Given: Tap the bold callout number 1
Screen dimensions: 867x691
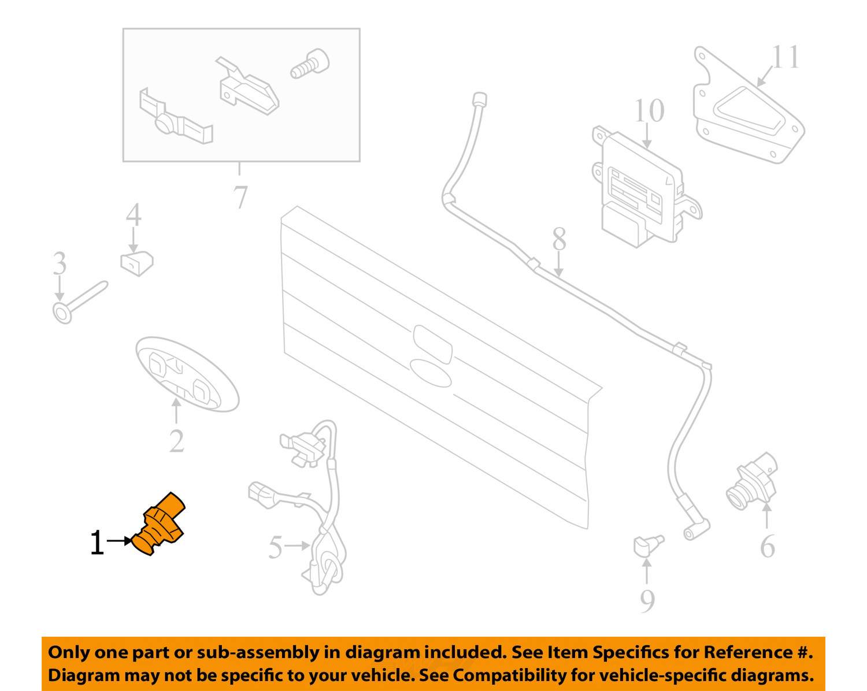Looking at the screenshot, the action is click(97, 543).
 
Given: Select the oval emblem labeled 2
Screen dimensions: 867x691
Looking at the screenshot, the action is click(187, 374).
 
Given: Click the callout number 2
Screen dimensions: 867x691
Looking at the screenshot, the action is click(176, 441).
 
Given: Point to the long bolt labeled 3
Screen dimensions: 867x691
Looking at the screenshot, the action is click(80, 302).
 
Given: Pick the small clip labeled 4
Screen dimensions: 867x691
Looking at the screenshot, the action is click(137, 263).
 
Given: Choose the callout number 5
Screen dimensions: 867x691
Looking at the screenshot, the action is click(275, 547).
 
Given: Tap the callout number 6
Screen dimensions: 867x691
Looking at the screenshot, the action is click(768, 547).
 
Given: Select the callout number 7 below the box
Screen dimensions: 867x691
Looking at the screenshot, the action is click(240, 197).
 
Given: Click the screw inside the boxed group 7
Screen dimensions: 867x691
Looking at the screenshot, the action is click(310, 65).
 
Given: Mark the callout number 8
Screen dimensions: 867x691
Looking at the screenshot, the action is click(559, 239).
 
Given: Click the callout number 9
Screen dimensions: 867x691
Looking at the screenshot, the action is click(647, 601).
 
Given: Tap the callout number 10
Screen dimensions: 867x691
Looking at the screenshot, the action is click(649, 110).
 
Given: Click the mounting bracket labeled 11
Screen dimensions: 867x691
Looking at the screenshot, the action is click(749, 106).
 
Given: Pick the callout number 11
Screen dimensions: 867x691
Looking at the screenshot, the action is click(786, 57).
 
